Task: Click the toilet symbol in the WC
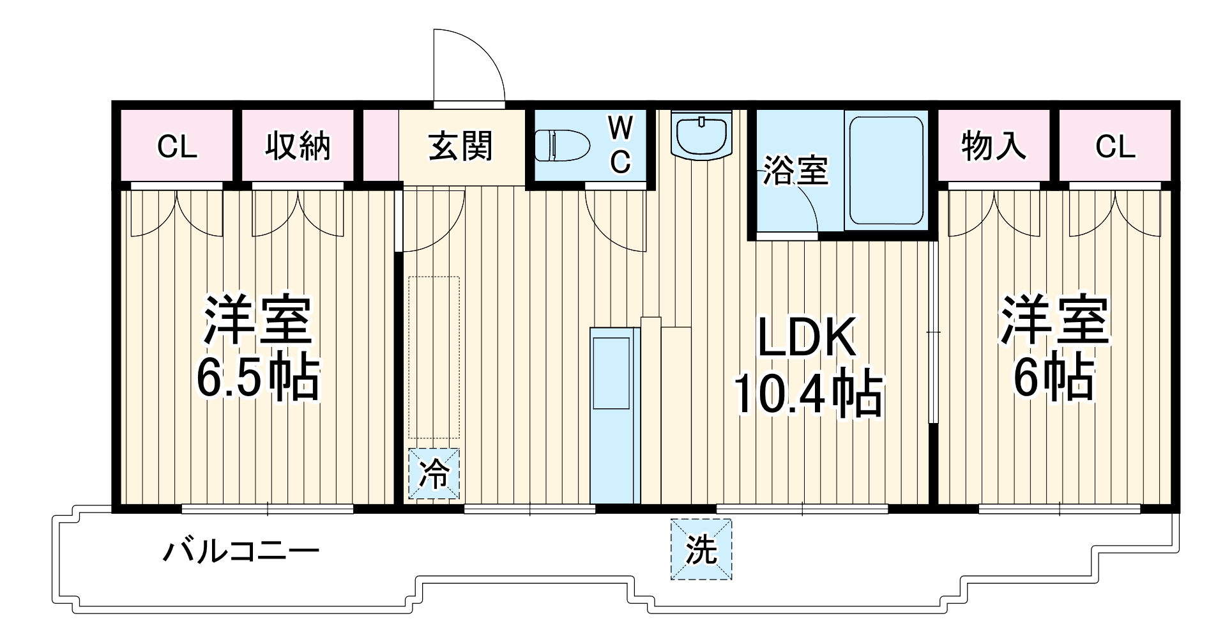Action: [x=561, y=145]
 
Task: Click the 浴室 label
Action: [x=795, y=171]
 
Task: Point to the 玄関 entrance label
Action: [x=461, y=146]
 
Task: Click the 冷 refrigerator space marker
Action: [x=434, y=474]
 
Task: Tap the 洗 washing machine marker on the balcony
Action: [x=701, y=549]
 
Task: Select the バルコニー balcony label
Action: [x=240, y=551]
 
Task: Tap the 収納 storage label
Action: [x=298, y=146]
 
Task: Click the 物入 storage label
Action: [x=993, y=146]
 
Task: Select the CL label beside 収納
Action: [x=177, y=147]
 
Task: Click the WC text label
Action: [x=620, y=146]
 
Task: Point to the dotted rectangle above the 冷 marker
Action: [x=434, y=358]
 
